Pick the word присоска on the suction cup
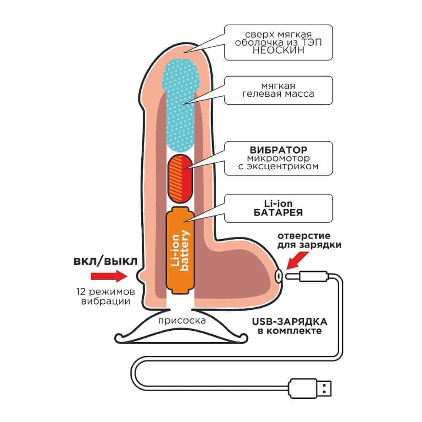182,320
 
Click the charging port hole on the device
279,275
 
